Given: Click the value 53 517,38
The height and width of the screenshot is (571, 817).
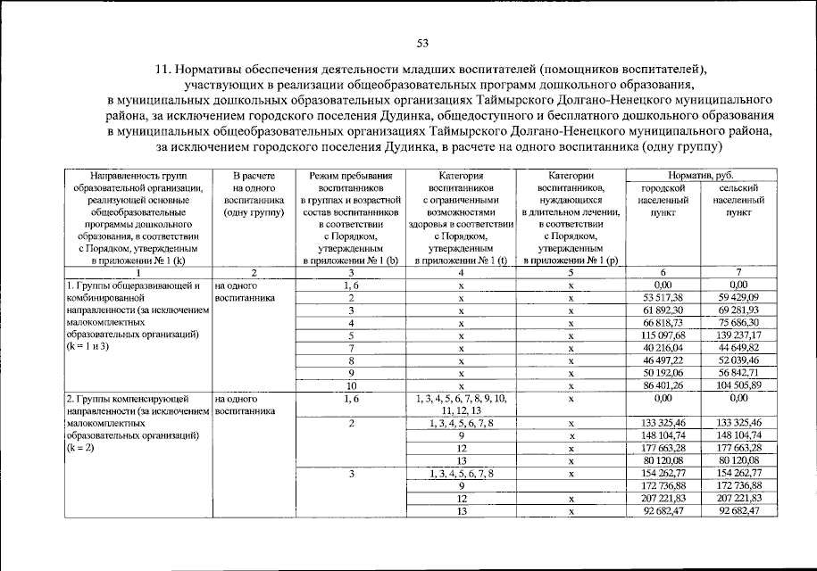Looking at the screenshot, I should [x=662, y=297].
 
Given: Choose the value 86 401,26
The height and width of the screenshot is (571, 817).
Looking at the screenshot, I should [x=662, y=385].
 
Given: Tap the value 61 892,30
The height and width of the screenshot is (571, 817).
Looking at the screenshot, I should [x=662, y=310].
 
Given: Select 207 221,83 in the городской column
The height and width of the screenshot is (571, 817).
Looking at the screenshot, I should [x=662, y=498].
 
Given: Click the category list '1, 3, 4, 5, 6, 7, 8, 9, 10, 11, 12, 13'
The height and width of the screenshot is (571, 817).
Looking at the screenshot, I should [x=462, y=403].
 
